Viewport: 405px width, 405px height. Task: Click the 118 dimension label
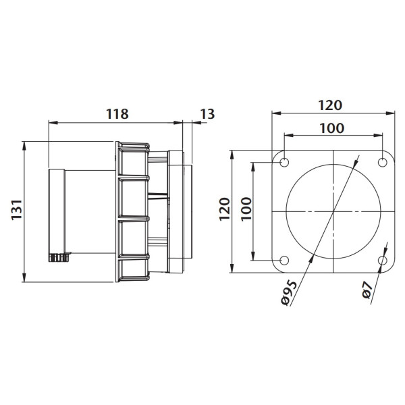tap(117, 113)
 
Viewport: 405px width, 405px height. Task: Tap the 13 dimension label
tap(207, 114)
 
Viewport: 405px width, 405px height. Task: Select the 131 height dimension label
tap(17, 210)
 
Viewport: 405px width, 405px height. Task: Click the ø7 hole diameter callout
tap(367, 290)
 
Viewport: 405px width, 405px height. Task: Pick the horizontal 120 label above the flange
tap(330, 105)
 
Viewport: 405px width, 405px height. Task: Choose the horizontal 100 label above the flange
tap(332, 128)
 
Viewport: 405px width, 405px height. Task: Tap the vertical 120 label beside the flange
tap(225, 209)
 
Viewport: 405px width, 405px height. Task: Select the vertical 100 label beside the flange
tap(246, 209)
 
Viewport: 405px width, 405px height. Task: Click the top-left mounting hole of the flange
tap(284, 163)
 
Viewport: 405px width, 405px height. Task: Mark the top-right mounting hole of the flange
tap(382, 163)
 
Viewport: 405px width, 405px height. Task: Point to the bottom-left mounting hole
tap(284, 261)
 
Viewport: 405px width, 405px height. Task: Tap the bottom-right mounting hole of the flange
tap(382, 261)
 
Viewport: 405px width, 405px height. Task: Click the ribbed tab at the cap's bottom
tap(59, 257)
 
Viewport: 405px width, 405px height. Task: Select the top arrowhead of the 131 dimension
tap(24, 146)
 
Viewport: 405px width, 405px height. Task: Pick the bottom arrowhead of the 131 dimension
tap(24, 277)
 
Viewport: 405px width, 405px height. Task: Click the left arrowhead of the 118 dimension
tap(53, 123)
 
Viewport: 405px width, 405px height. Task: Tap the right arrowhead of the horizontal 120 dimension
tap(390, 113)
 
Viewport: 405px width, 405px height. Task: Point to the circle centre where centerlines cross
tap(333, 211)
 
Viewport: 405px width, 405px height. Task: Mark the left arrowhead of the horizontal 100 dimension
tap(289, 136)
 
